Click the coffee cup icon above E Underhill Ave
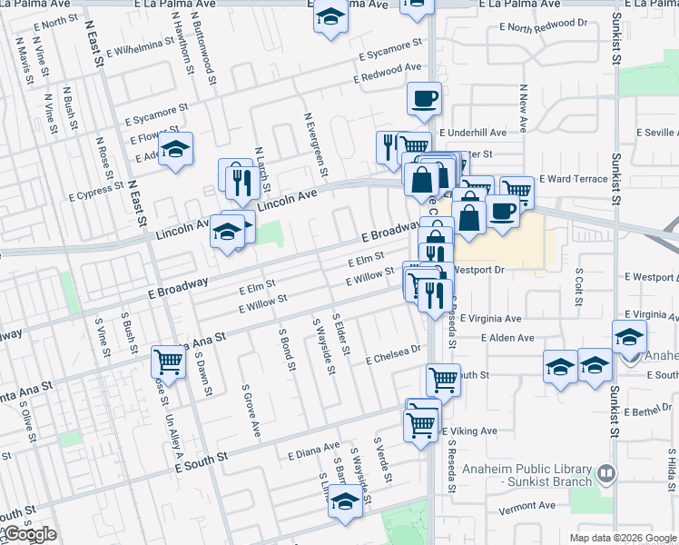[x=424, y=99]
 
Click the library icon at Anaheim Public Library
[x=605, y=472]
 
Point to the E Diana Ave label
[x=312, y=451]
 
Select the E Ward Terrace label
[x=573, y=179]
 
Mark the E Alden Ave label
[x=508, y=338]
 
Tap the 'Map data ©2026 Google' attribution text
[x=622, y=537]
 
